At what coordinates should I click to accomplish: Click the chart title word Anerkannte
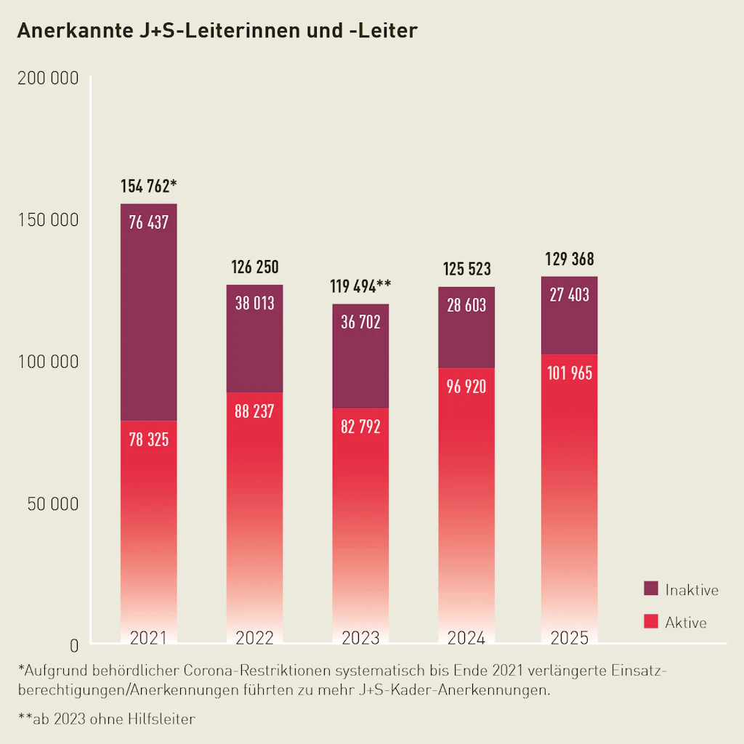(71, 31)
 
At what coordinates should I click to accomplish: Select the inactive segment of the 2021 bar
(148, 320)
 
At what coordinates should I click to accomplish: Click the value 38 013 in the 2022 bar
(254, 303)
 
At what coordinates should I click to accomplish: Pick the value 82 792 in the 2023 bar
(360, 426)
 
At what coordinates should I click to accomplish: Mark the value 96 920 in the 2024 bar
(466, 387)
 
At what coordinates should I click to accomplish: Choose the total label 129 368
(570, 259)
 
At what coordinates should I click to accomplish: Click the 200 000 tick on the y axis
(47, 78)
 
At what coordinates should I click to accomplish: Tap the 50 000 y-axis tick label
(52, 504)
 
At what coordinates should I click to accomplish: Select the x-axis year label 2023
(360, 638)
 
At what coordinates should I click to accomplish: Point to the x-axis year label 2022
(254, 638)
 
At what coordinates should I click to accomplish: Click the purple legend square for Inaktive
(651, 589)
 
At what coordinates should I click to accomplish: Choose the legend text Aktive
(685, 623)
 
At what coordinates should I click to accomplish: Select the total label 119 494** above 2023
(360, 286)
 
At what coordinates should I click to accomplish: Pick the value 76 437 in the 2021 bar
(148, 222)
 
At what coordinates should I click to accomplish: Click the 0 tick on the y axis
(73, 644)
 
